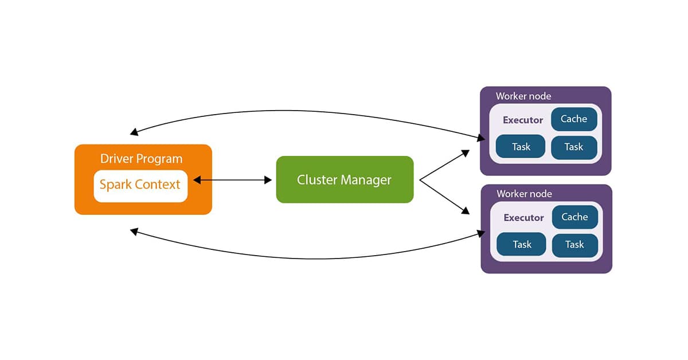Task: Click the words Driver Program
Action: click(x=141, y=159)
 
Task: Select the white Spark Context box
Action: click(x=140, y=186)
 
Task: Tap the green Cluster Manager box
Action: click(x=345, y=179)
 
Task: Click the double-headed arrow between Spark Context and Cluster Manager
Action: click(x=232, y=180)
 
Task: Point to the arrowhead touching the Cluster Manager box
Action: click(x=268, y=180)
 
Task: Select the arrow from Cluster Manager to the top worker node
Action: click(x=445, y=165)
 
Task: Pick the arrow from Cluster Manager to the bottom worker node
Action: click(x=445, y=197)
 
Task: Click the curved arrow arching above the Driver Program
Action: click(x=304, y=109)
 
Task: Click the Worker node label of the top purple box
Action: click(x=523, y=96)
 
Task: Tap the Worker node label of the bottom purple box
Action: click(x=524, y=194)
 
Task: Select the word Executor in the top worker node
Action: click(x=523, y=120)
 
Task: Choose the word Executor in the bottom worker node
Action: click(x=523, y=218)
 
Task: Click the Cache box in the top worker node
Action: click(x=574, y=119)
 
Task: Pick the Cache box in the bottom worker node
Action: click(x=574, y=217)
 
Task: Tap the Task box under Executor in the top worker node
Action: click(x=521, y=147)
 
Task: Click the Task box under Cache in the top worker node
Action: click(x=574, y=147)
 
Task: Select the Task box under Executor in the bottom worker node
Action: click(x=522, y=245)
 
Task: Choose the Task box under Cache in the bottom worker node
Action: click(x=574, y=245)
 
